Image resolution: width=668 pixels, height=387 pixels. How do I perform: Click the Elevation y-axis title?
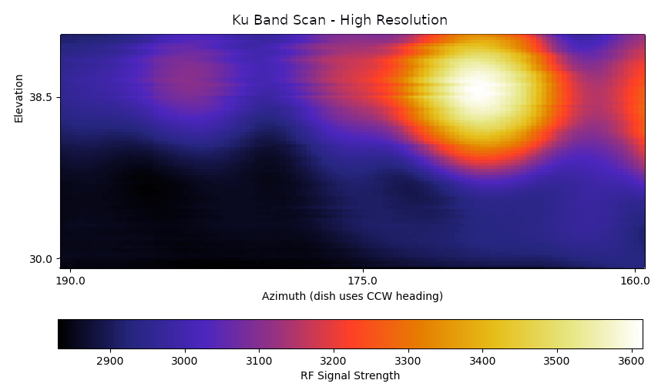point(19,98)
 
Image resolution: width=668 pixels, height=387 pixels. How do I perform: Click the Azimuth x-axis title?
point(352,296)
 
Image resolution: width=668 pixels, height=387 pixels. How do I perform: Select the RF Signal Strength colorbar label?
point(350,375)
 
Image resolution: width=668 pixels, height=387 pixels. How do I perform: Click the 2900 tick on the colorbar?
point(109,360)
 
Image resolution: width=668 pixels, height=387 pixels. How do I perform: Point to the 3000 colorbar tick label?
point(184,360)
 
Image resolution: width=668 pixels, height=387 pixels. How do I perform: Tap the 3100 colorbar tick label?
point(259,360)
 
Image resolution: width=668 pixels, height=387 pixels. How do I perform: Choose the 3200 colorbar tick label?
point(333,360)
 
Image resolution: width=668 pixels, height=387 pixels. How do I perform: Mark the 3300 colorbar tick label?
point(408,360)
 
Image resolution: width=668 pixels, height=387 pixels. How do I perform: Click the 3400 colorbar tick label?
point(482,360)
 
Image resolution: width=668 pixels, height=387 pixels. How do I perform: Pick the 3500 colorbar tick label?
point(556,360)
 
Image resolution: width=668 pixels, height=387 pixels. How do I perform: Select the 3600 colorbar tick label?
point(630,360)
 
